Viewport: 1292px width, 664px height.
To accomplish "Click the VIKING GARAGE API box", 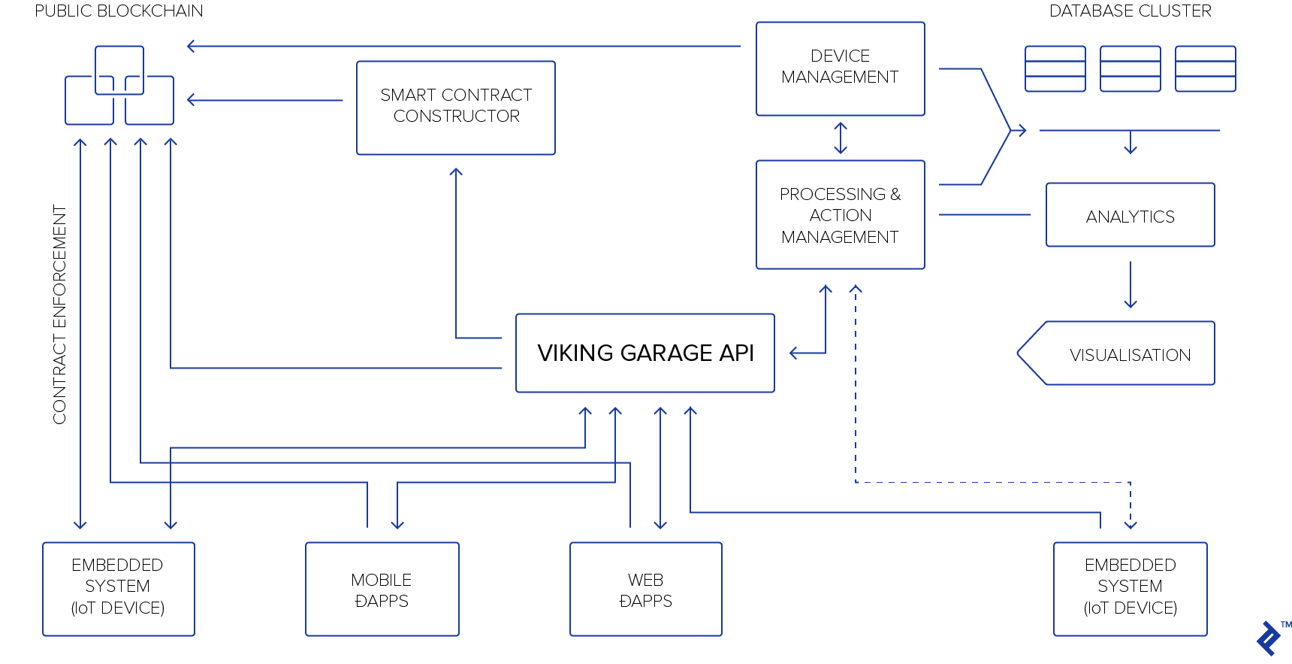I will tap(644, 353).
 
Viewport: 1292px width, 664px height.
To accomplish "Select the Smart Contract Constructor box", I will tap(456, 108).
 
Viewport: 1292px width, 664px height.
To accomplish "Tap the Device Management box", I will tap(840, 68).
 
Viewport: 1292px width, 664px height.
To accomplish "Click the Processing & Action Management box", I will tap(840, 214).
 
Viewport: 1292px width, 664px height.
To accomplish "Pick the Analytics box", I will tap(1130, 215).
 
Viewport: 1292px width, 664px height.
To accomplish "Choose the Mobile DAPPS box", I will tap(382, 589).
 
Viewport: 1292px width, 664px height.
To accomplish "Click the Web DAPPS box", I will tap(645, 589).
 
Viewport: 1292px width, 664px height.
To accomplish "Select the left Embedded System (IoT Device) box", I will tap(119, 589).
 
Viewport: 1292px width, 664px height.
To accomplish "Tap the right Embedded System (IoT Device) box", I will tap(1130, 589).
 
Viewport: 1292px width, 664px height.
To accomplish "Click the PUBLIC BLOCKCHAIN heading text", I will tap(119, 11).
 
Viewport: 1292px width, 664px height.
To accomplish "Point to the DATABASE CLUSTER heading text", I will tap(1130, 11).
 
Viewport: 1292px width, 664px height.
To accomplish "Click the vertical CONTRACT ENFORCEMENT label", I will tap(60, 314).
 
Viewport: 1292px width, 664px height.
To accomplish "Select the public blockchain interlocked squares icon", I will tap(119, 86).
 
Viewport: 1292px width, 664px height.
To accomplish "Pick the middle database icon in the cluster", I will tap(1130, 68).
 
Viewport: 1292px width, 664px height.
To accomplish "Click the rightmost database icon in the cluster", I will tap(1205, 68).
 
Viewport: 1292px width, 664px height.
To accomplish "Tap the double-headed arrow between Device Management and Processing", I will tap(841, 138).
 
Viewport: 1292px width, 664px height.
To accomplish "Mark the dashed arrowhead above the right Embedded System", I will tap(1130, 523).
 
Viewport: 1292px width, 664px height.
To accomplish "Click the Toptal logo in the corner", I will tap(1269, 638).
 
